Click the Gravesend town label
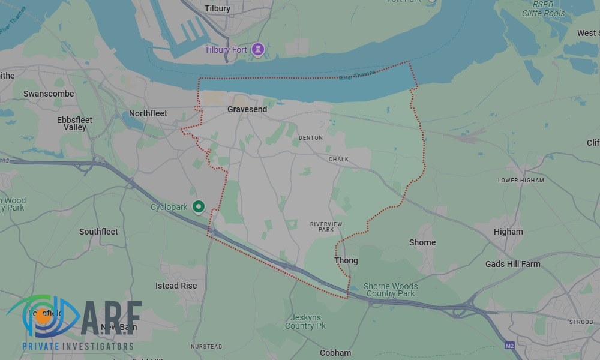[x=247, y=110]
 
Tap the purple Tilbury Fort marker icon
[x=258, y=49]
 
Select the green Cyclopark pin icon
[x=199, y=207]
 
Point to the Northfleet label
[x=148, y=113]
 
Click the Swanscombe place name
[x=49, y=94]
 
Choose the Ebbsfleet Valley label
[x=75, y=124]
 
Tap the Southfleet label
[x=98, y=232]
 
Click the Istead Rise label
[x=176, y=286]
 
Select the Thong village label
[x=346, y=260]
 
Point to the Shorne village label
[x=422, y=242]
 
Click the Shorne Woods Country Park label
[x=391, y=290]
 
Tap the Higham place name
[x=508, y=232]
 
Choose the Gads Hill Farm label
[x=512, y=264]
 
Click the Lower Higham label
[x=521, y=181]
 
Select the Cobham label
[x=335, y=353]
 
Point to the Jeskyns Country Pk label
[x=305, y=322]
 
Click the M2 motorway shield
[x=509, y=346]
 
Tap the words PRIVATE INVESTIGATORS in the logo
[x=78, y=346]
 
